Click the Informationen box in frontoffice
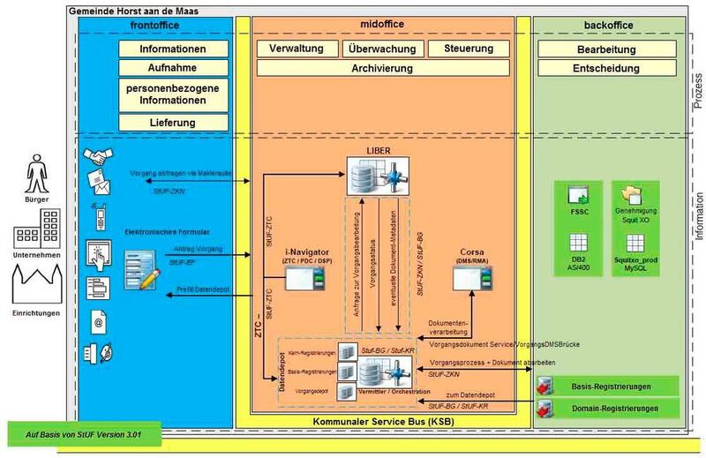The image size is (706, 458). (173, 49)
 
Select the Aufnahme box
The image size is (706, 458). (173, 67)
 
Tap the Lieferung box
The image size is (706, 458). (173, 122)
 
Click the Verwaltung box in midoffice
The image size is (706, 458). (296, 49)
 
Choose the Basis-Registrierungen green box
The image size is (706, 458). (609, 387)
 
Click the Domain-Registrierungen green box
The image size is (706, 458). (609, 408)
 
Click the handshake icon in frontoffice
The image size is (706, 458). (98, 156)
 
